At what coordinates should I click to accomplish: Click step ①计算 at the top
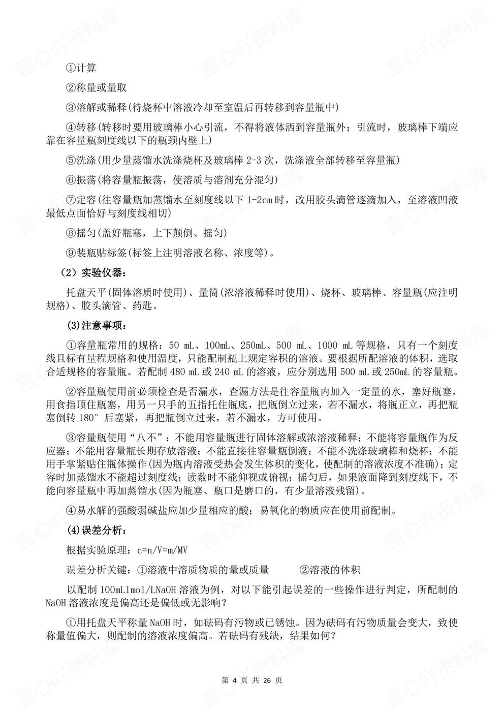coord(81,68)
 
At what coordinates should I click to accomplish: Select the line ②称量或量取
coord(96,87)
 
